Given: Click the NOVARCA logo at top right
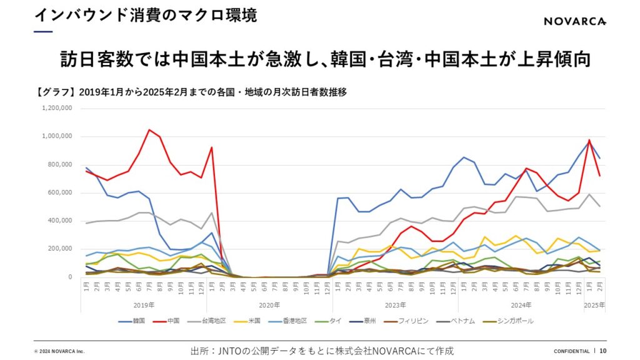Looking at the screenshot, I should pyautogui.click(x=574, y=22).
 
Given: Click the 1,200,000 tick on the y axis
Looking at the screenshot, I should pyautogui.click(x=57, y=108).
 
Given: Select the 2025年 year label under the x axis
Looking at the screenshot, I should pyautogui.click(x=594, y=306).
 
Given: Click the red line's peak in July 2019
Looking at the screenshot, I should pyautogui.click(x=149, y=130).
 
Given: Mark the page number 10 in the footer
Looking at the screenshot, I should pyautogui.click(x=602, y=351).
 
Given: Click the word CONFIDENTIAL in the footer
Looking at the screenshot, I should pyautogui.click(x=571, y=351).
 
